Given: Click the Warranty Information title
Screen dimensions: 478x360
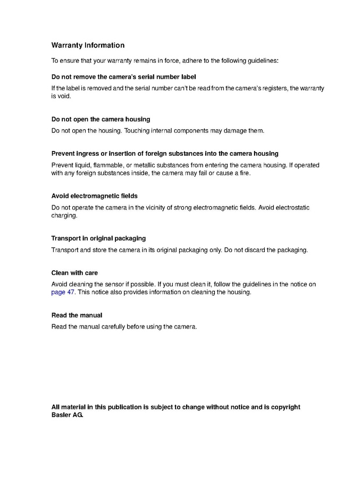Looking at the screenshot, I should click(88, 46).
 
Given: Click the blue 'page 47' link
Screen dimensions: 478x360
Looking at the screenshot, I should click(63, 292).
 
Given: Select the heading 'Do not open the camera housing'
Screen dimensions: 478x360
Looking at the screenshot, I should click(101, 119).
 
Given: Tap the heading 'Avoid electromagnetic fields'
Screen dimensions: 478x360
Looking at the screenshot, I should click(94, 196).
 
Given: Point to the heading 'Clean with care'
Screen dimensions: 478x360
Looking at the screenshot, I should click(74, 273).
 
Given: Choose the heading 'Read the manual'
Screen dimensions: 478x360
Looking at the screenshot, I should click(77, 315).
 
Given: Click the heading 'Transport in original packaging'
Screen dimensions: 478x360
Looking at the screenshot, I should click(98, 238).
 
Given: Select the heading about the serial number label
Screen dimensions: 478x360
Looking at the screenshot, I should click(123, 77).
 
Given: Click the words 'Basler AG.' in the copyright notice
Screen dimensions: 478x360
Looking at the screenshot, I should click(68, 415).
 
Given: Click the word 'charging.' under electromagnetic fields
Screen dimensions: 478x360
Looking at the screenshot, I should click(64, 216).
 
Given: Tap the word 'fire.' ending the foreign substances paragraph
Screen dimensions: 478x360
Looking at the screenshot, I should click(242, 173).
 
